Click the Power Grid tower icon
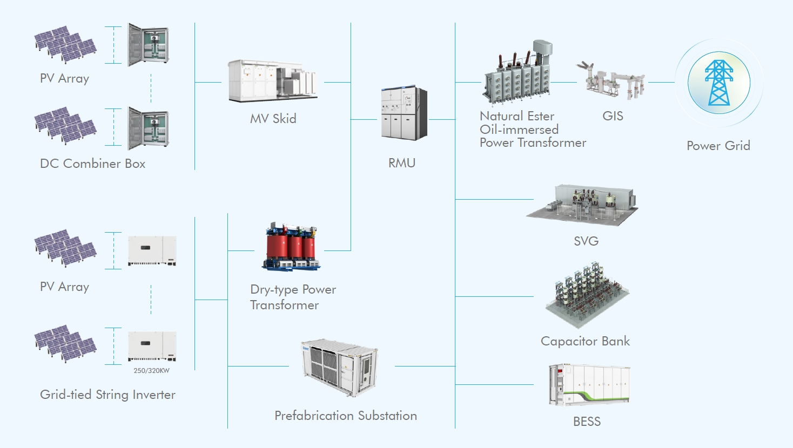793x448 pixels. (718, 83)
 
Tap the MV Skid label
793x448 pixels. (273, 119)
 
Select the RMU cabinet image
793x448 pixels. (404, 113)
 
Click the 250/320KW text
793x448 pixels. (151, 371)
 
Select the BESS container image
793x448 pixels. (589, 385)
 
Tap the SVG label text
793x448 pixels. (586, 241)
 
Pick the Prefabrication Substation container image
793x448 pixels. (339, 367)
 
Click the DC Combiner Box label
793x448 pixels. (92, 164)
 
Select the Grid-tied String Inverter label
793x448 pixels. (107, 395)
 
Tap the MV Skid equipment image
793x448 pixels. (272, 81)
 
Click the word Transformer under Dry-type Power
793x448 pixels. (284, 306)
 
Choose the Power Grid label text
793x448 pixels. (718, 146)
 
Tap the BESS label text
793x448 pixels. (587, 422)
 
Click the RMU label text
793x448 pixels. (402, 163)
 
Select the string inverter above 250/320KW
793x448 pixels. (152, 345)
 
